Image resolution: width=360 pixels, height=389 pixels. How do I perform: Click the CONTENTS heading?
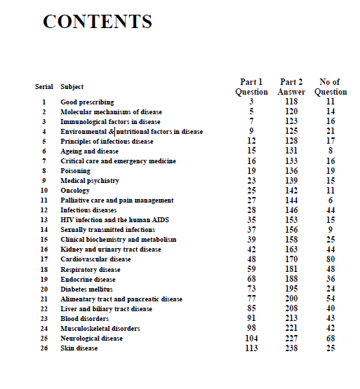(98, 22)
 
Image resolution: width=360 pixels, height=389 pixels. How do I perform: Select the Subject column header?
(72, 87)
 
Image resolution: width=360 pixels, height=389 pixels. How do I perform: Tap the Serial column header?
(44, 87)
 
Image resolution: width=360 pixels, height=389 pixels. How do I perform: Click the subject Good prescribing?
(87, 102)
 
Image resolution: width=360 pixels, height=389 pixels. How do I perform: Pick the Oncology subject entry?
(75, 191)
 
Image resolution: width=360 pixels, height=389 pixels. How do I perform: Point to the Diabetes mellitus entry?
(87, 289)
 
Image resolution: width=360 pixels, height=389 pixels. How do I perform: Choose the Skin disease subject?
(79, 348)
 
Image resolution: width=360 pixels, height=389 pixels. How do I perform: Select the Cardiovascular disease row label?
(95, 259)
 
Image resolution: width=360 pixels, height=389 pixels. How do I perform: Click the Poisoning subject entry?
(76, 171)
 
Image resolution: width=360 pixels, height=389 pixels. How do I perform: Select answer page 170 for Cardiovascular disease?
(291, 259)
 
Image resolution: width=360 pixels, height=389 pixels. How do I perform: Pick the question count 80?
(331, 259)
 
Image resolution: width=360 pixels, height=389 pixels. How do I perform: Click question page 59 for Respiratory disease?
(251, 268)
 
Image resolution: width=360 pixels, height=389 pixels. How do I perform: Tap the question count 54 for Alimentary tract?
(331, 298)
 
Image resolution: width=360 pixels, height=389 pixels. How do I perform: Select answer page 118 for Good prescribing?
(291, 102)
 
